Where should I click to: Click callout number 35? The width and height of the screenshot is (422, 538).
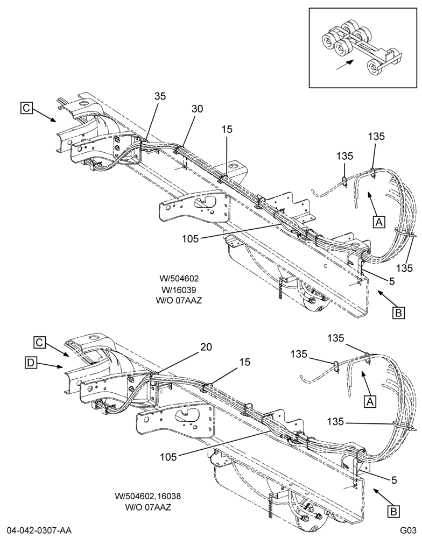pyautogui.click(x=160, y=96)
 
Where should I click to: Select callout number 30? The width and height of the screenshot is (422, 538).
pyautogui.click(x=198, y=109)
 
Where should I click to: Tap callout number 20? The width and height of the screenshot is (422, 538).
pyautogui.click(x=206, y=347)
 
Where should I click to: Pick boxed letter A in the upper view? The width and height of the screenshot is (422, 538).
pyautogui.click(x=379, y=222)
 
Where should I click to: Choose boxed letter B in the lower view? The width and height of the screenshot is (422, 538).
pyautogui.click(x=393, y=512)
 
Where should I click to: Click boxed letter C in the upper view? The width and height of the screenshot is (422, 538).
pyautogui.click(x=26, y=108)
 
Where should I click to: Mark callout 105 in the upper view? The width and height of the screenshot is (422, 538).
pyautogui.click(x=191, y=239)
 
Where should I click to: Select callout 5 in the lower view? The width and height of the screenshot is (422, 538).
pyautogui.click(x=394, y=480)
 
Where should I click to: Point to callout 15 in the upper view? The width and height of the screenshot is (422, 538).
pyautogui.click(x=227, y=129)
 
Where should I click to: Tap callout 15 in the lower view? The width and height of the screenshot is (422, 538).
pyautogui.click(x=245, y=362)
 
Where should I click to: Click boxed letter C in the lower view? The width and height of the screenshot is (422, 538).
pyautogui.click(x=40, y=342)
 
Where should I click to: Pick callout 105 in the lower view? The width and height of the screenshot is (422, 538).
pyautogui.click(x=168, y=457)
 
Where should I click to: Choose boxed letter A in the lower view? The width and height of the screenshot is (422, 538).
pyautogui.click(x=370, y=401)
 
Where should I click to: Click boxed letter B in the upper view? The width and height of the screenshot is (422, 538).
pyautogui.click(x=399, y=313)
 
